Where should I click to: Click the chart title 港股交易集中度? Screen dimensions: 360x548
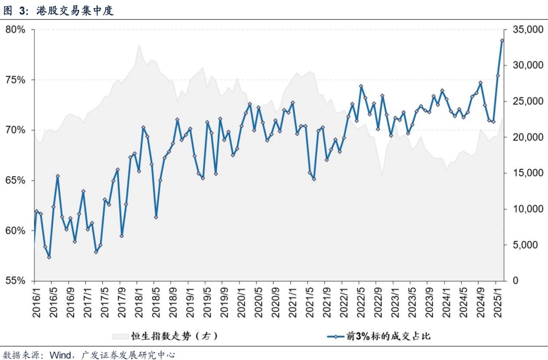click(x=75, y=11)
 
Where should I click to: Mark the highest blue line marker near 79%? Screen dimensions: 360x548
click(x=502, y=41)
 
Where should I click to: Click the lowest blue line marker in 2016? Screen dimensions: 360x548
click(x=49, y=257)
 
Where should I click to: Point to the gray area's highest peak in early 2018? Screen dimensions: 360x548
click(x=139, y=45)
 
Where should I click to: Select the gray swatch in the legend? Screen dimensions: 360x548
click(x=120, y=336)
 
